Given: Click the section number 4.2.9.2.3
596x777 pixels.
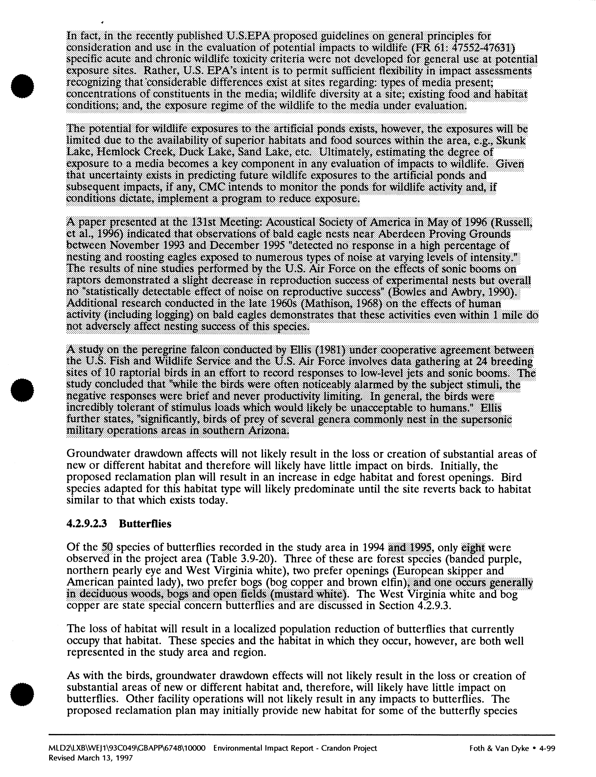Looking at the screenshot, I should coord(87,524).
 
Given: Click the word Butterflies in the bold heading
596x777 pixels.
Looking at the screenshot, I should coord(145,524).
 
